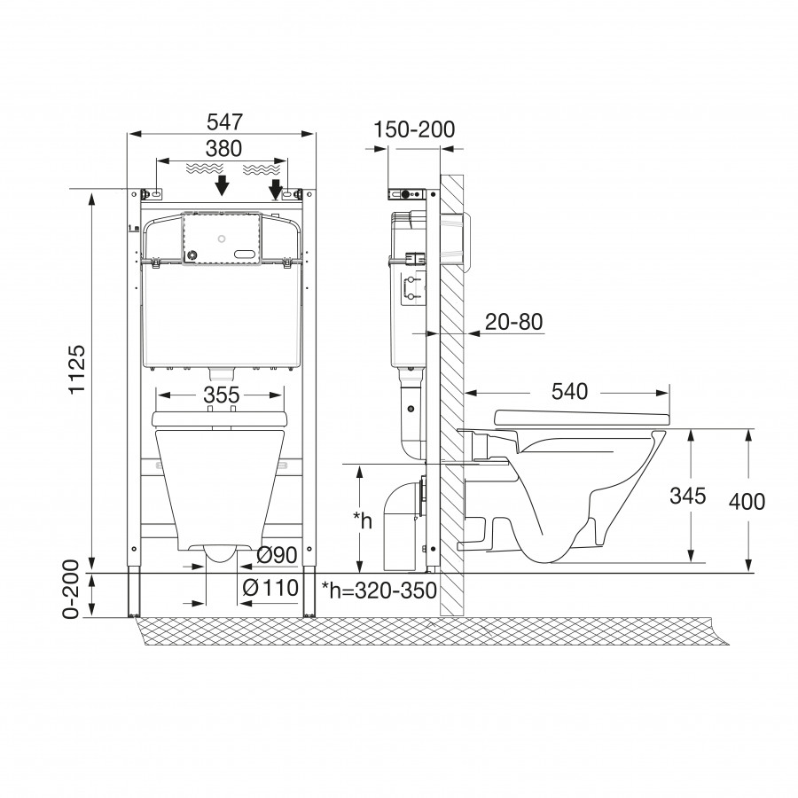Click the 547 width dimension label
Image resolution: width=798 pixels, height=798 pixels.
(225, 122)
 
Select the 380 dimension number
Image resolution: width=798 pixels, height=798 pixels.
(224, 149)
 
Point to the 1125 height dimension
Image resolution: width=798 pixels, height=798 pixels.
(77, 370)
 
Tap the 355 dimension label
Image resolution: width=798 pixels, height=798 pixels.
(222, 395)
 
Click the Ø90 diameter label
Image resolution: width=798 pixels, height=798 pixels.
(277, 555)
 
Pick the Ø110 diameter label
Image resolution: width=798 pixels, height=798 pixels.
(270, 588)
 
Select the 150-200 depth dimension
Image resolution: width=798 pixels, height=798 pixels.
(414, 129)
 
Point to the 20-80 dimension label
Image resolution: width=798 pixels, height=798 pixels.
(514, 322)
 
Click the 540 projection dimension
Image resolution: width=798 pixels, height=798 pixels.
(569, 392)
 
